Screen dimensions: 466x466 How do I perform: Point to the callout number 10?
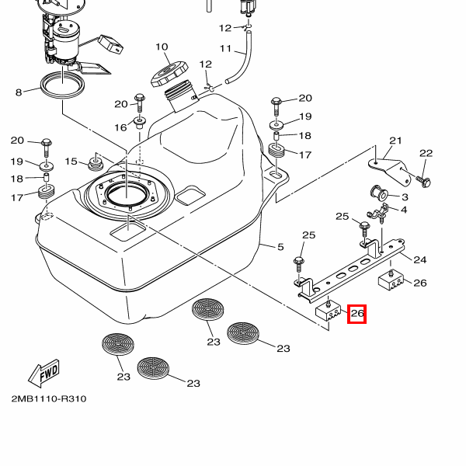tap(162, 47)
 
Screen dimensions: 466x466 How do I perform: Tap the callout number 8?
tap(18, 93)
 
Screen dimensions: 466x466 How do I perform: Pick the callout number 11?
tap(226, 49)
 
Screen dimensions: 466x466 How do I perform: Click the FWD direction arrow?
tap(43, 373)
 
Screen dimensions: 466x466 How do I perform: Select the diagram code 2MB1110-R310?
tap(48, 399)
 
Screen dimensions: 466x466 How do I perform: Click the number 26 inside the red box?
tap(357, 314)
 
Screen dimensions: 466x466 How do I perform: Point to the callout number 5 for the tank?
tap(281, 248)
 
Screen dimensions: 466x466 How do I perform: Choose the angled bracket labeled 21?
tap(386, 164)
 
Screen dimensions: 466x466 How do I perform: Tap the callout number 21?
tap(396, 141)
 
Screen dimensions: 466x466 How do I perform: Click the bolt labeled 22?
tap(425, 180)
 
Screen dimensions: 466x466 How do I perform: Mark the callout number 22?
tap(426, 153)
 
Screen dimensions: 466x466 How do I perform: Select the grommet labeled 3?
tap(374, 193)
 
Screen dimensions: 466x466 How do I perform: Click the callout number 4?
tap(404, 209)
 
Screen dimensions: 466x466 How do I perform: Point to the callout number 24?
tap(420, 259)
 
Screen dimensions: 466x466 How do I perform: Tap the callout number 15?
tap(71, 162)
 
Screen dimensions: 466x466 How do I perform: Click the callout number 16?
tap(120, 127)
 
